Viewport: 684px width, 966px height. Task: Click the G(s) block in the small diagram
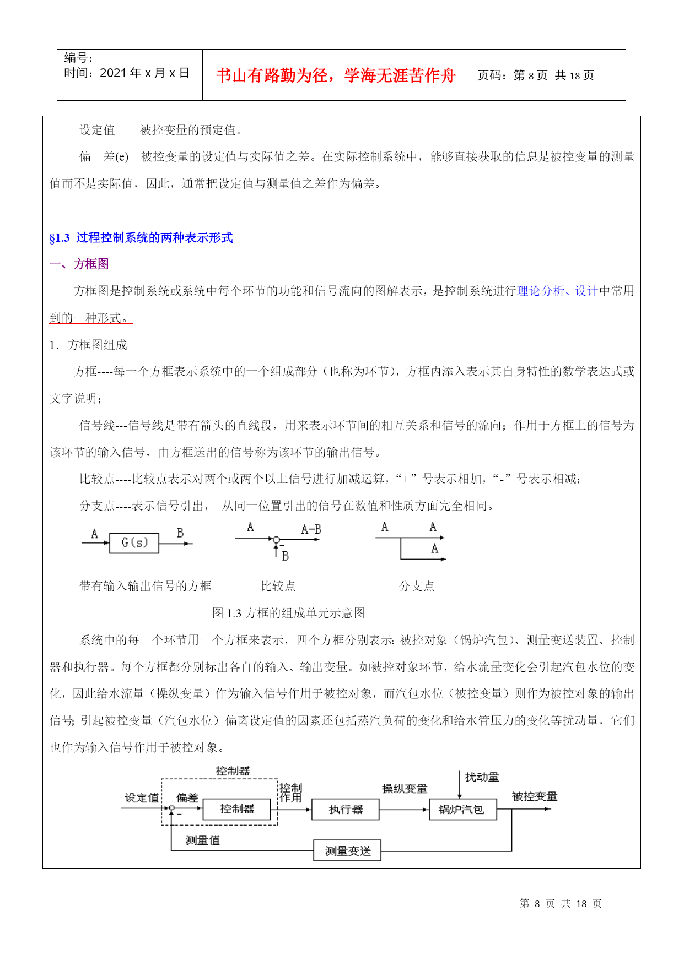(134, 543)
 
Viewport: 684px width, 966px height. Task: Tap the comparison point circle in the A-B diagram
(276, 539)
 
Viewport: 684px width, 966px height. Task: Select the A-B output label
(311, 529)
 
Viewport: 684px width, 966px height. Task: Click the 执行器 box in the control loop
(346, 809)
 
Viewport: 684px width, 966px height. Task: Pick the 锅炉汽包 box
(462, 809)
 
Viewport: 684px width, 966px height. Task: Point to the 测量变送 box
(347, 851)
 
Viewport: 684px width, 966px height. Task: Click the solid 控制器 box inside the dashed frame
(236, 809)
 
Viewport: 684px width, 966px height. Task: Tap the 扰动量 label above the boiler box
(482, 777)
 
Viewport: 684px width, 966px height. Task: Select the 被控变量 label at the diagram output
(534, 796)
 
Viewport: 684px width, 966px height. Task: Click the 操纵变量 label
(405, 789)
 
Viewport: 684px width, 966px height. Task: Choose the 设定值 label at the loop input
(142, 797)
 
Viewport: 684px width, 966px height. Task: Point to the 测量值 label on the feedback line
(202, 840)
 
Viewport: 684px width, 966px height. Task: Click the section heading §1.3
(141, 238)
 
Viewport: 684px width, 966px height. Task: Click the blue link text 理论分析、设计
(557, 291)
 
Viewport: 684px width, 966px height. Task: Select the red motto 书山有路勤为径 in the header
(336, 75)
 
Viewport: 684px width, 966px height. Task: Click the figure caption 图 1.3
(288, 613)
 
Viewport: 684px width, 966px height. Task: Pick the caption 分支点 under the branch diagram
(416, 586)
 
